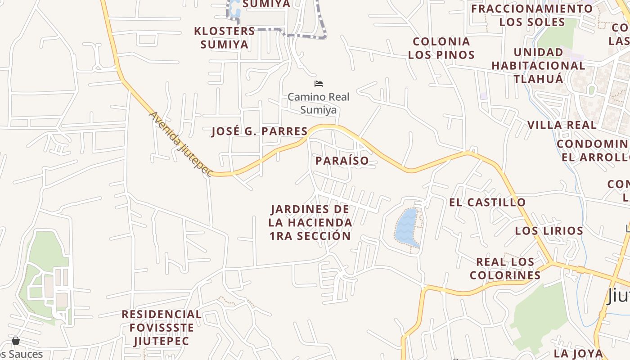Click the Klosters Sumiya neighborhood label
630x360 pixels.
224,38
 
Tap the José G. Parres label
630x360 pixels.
260,131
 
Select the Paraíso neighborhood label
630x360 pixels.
342,161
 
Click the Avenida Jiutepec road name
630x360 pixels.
180,144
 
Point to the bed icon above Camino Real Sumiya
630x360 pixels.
319,84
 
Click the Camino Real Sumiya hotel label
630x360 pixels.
318,103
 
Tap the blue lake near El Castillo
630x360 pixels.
407,227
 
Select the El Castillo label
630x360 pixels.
487,202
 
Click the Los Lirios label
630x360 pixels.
549,231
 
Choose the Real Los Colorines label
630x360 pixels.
505,268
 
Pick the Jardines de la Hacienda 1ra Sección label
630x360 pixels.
310,223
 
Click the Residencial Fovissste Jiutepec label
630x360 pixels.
162,328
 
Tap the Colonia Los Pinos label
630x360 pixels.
441,48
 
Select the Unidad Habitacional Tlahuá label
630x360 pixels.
538,66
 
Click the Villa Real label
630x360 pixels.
562,125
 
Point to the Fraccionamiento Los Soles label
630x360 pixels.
532,15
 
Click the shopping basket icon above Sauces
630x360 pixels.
16,341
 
